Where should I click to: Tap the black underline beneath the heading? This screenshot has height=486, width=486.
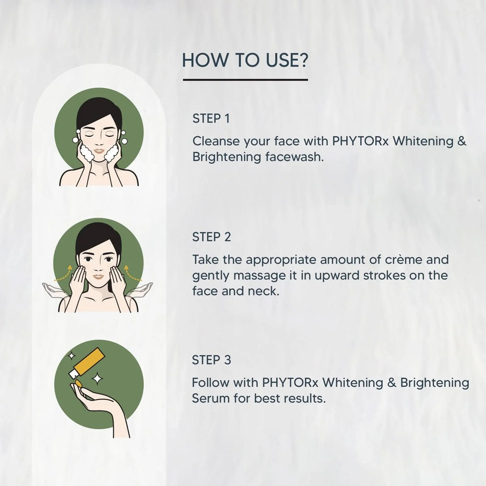[245, 80]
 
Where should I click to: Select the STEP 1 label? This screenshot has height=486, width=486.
[211, 119]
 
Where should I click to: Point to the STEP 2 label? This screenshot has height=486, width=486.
[212, 237]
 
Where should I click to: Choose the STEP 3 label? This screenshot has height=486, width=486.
[212, 360]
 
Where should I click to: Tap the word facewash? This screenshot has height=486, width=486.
[300, 157]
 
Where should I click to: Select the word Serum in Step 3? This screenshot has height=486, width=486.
[211, 398]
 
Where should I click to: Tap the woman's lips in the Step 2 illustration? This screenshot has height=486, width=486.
[99, 277]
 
